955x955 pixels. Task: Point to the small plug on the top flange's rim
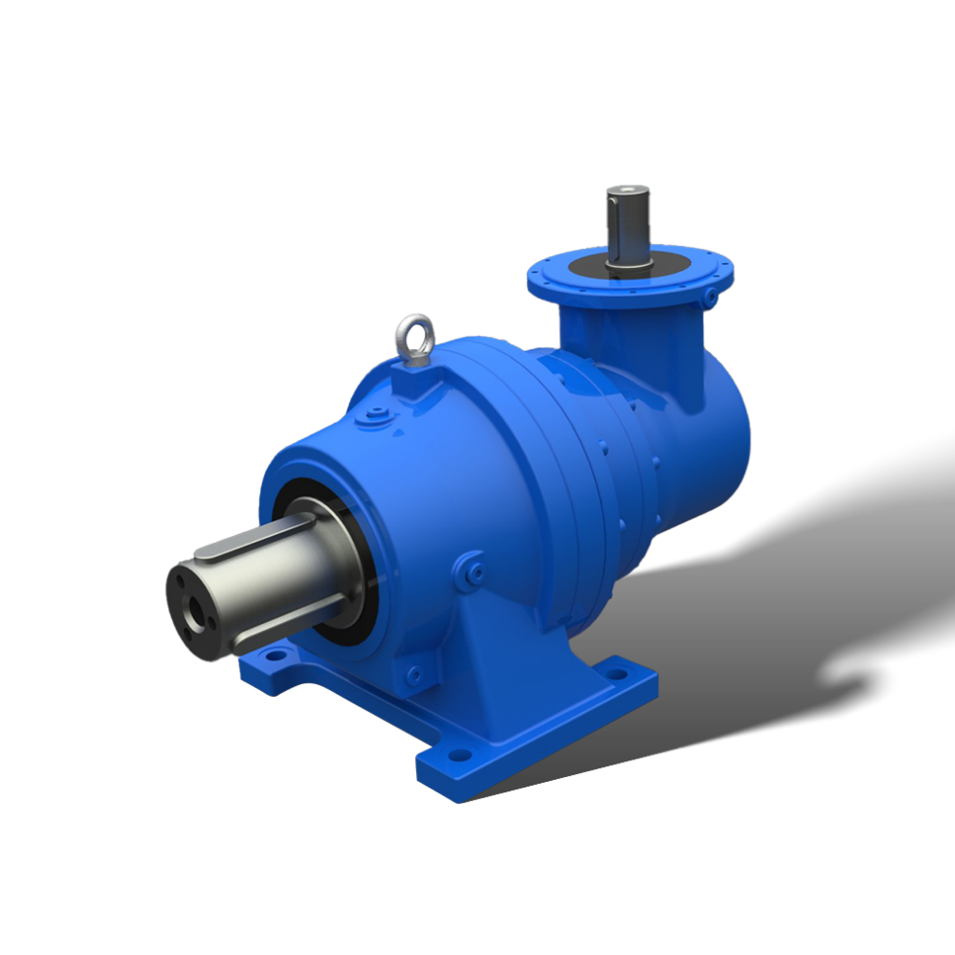coord(712,290)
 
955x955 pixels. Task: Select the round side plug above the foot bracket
coord(473,569)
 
